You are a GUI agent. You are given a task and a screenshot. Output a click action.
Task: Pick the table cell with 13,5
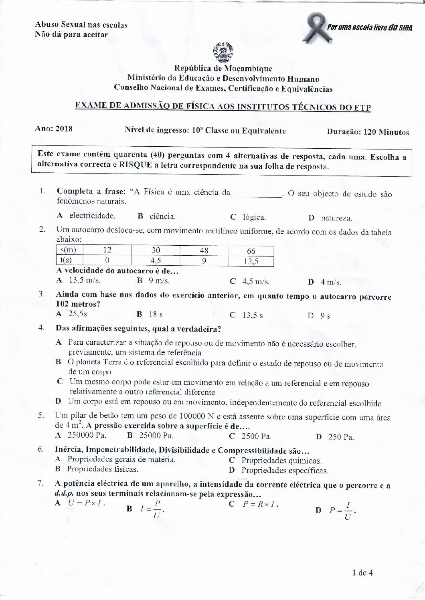tap(251, 262)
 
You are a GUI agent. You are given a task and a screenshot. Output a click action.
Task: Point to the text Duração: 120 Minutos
tap(368, 132)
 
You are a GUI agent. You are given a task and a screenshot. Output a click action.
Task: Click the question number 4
tap(41, 328)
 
